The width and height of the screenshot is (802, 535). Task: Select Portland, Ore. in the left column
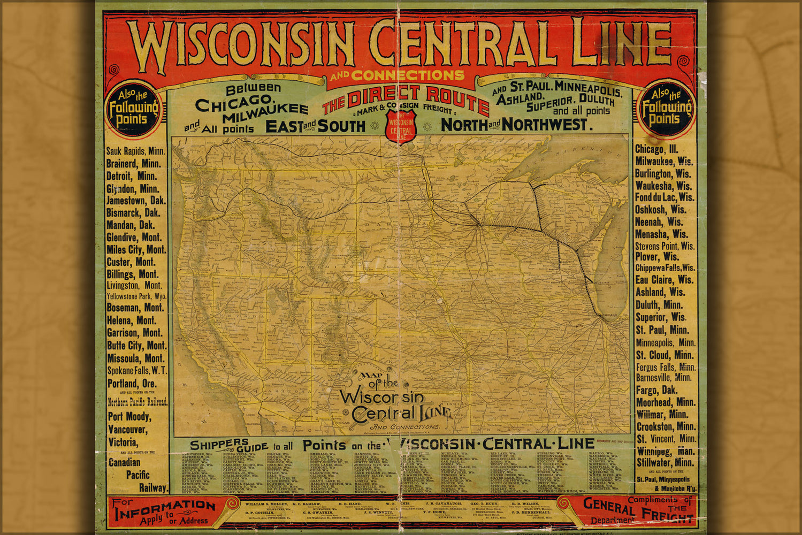coord(132,384)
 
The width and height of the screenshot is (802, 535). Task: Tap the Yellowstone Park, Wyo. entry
coord(136,296)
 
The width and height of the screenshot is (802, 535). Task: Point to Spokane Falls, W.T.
coord(137,370)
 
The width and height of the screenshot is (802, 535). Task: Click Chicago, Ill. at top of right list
coord(656,149)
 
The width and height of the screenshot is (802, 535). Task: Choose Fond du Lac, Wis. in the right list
coord(664,197)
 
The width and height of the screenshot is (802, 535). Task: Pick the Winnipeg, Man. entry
coord(666,451)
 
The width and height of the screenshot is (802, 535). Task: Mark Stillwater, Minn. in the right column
coord(665,463)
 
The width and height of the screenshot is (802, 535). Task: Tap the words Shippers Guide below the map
coord(227,445)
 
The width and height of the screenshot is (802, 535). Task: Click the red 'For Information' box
coord(165,511)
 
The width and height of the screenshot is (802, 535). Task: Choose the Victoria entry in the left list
coord(123,442)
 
